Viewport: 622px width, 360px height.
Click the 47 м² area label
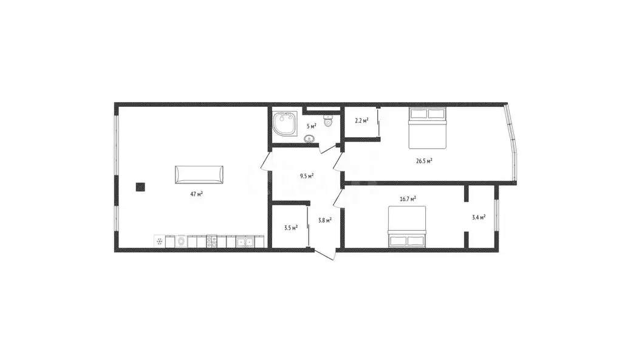[196, 194]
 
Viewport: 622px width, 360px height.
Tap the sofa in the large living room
[199, 175]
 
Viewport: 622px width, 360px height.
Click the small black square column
[140, 187]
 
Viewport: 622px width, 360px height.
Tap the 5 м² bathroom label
[311, 126]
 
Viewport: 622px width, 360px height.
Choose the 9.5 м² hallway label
[307, 176]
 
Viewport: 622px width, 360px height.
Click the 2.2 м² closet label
[361, 121]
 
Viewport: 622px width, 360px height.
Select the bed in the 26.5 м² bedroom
[428, 127]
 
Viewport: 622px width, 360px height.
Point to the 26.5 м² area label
[424, 161]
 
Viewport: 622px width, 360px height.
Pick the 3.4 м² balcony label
[479, 217]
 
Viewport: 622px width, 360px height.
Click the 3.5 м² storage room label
[291, 228]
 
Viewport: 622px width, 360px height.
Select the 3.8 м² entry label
[324, 221]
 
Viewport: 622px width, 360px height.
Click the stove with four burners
[211, 241]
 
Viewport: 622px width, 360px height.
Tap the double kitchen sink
[245, 242]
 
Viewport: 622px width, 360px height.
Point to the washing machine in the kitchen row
[181, 242]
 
